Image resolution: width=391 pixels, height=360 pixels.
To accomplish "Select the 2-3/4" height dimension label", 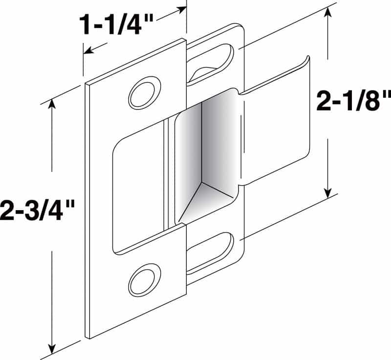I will [37, 212].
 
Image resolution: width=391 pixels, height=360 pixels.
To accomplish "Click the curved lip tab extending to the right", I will [276, 122].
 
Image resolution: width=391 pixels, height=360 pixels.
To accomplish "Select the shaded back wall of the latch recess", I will [205, 142].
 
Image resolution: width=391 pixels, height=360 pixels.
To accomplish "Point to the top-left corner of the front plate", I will [87, 84].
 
